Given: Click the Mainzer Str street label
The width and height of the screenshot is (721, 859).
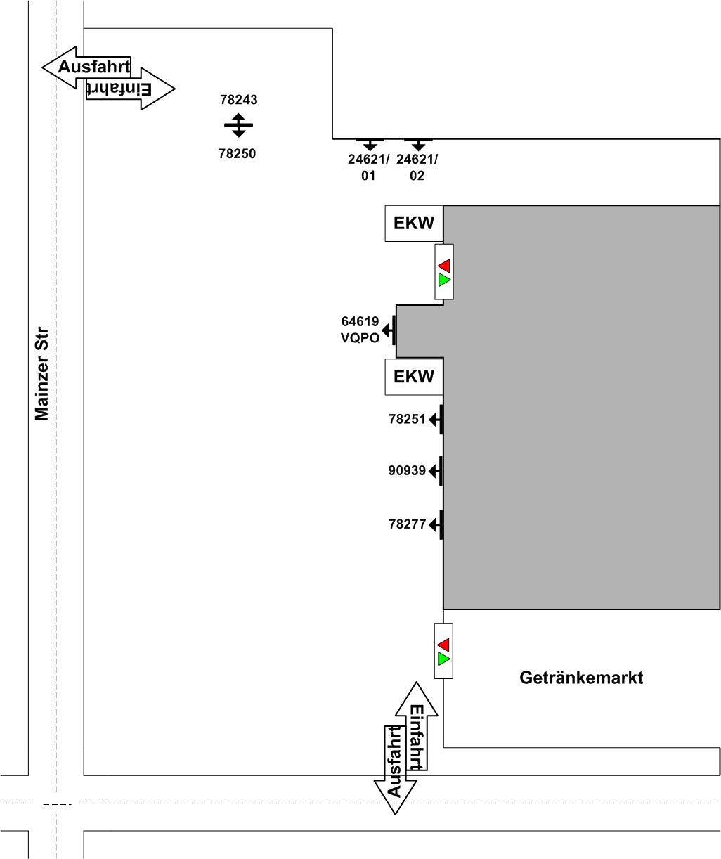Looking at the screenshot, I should coord(42,373).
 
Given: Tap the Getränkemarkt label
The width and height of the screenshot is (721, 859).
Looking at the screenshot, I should coord(581,678).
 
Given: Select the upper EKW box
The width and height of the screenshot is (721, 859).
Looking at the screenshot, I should coord(414,224).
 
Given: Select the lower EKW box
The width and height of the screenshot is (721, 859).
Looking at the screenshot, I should coord(414,376).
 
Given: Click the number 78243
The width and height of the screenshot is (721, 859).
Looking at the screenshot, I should coord(239,100).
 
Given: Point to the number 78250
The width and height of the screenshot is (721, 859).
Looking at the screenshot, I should coord(238,153).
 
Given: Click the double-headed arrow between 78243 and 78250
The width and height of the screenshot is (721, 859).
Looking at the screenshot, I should coord(238,125).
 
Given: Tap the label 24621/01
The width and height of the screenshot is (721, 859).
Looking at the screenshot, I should coord(368,167).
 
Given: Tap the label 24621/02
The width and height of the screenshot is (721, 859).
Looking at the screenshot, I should coord(417,167).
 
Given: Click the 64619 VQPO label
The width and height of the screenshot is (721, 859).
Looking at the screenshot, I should coord(360,330).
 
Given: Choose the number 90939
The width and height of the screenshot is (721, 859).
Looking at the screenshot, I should coord(407,471).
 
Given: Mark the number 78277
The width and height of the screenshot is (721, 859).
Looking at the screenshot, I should coord(408,524).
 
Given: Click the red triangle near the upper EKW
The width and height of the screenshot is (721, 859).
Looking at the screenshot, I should coord(443,265).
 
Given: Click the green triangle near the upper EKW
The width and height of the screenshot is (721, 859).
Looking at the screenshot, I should coord(443,280).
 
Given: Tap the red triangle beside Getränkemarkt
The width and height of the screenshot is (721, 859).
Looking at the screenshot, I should coord(443,644).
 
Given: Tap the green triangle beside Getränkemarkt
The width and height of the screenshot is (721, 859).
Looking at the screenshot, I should coord(443,659).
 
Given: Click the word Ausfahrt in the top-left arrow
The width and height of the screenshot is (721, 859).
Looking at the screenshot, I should coord(94,67).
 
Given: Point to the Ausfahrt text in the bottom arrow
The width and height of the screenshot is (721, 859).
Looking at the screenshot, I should coord(394,761).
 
